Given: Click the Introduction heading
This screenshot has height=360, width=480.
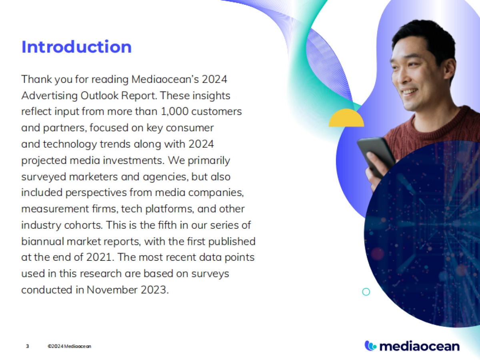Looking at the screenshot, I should point(76,47).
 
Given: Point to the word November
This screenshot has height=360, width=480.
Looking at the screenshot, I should point(109,289).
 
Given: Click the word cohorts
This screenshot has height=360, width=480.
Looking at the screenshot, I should point(83,224).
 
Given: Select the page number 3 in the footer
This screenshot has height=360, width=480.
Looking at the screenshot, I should point(28,346).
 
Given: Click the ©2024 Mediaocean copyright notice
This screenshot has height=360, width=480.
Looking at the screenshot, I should point(69,346).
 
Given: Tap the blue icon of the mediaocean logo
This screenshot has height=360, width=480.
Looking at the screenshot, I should point(370,345).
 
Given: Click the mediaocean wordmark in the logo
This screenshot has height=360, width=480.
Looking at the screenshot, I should point(419,346).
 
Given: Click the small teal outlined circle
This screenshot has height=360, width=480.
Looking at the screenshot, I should point(366,292).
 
